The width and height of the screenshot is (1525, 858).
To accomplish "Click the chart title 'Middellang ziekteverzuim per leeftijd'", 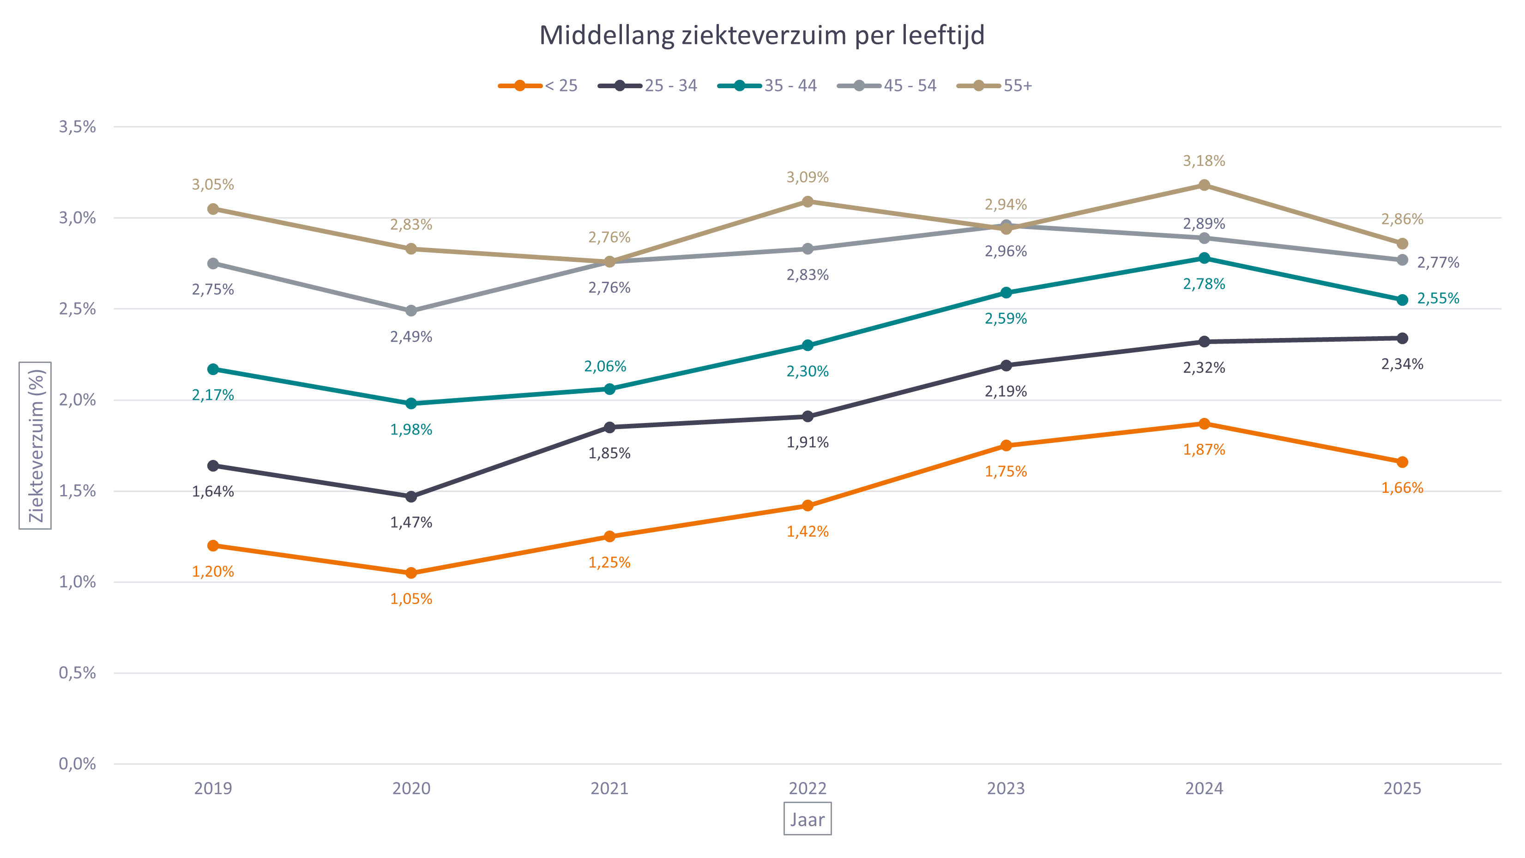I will (762, 36).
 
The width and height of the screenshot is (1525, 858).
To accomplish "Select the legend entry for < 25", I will (537, 86).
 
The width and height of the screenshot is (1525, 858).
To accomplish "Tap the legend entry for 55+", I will (995, 86).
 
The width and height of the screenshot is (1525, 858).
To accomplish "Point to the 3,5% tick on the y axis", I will (77, 127).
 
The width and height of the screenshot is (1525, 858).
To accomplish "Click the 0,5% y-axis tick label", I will (77, 673).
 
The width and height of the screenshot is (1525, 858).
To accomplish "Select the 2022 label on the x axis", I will (808, 789).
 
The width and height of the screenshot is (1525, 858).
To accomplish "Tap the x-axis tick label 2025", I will (1402, 789).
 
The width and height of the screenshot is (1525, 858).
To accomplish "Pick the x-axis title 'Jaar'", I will (808, 820).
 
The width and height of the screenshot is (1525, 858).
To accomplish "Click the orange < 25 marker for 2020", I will (411, 573).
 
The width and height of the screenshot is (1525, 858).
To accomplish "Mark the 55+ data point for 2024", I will (1204, 185).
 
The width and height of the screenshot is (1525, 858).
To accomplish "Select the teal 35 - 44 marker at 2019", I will (213, 369).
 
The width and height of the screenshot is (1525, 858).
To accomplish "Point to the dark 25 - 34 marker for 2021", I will (609, 427).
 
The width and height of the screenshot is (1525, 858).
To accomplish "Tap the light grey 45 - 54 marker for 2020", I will (411, 311).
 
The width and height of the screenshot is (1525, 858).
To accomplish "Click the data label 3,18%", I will (1204, 161).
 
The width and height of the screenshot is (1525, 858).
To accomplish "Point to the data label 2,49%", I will (411, 338).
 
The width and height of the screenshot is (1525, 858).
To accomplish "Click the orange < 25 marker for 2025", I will (1402, 462).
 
